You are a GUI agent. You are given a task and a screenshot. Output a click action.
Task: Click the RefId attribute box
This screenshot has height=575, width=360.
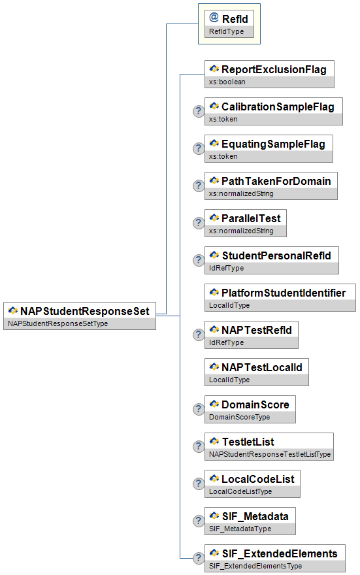pyautogui.click(x=229, y=24)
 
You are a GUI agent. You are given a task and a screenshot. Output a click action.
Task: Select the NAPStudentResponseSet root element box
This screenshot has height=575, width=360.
pyautogui.click(x=80, y=316)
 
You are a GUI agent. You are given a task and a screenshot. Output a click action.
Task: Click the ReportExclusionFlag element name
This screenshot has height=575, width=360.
pyautogui.click(x=274, y=69)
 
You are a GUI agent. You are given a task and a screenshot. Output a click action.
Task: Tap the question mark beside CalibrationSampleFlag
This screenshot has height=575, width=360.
pyautogui.click(x=199, y=111)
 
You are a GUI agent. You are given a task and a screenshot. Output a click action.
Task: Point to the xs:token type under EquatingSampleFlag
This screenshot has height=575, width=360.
pyautogui.click(x=223, y=156)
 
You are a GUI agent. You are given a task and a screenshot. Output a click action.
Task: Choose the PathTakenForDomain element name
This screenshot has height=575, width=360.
pyautogui.click(x=276, y=181)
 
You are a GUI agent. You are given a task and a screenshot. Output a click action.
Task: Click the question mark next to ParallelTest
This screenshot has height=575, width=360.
pyautogui.click(x=199, y=223)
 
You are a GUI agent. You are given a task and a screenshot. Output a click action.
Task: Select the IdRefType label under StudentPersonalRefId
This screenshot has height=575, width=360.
pyautogui.click(x=226, y=268)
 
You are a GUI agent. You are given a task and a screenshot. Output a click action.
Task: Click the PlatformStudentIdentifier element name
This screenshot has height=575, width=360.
pyautogui.click(x=284, y=293)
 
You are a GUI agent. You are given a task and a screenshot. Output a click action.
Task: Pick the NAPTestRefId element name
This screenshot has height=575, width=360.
pyautogui.click(x=257, y=330)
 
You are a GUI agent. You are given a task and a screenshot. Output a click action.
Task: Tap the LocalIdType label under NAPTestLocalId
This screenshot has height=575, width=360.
pyautogui.click(x=229, y=380)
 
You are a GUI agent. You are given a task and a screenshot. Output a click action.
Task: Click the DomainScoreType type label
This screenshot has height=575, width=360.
pyautogui.click(x=239, y=417)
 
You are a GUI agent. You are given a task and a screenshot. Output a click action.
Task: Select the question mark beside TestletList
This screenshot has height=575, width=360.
pyautogui.click(x=199, y=446)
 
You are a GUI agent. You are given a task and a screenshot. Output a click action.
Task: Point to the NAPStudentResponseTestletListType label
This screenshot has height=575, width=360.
pyautogui.click(x=270, y=454)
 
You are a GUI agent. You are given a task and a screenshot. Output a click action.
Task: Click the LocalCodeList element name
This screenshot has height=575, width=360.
pyautogui.click(x=257, y=479)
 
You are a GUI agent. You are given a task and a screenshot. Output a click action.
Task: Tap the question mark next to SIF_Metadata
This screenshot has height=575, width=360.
pyautogui.click(x=199, y=521)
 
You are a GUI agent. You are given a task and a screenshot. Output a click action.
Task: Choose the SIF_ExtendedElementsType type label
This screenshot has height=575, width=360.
pyautogui.click(x=255, y=566)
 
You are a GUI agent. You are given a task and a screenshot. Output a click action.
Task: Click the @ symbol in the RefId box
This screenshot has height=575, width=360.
pyautogui.click(x=214, y=17)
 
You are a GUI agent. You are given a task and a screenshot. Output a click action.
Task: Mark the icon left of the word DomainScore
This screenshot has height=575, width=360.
pyautogui.click(x=214, y=404)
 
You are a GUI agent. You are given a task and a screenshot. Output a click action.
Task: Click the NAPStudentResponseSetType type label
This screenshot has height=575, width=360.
pyautogui.click(x=58, y=323)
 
